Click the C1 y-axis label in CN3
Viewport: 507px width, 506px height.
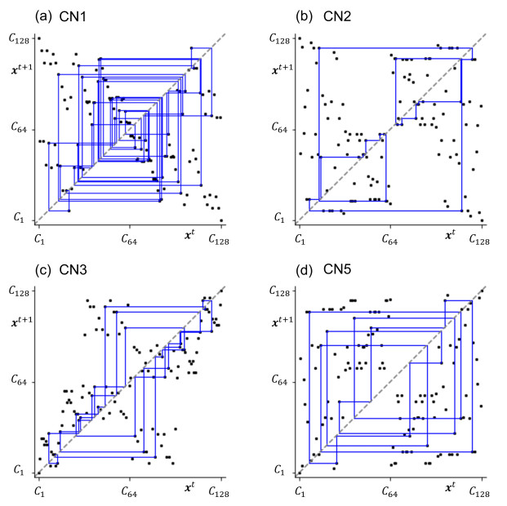click(22, 470)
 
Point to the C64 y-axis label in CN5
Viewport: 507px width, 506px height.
click(280, 381)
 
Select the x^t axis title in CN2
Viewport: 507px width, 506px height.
click(450, 235)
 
